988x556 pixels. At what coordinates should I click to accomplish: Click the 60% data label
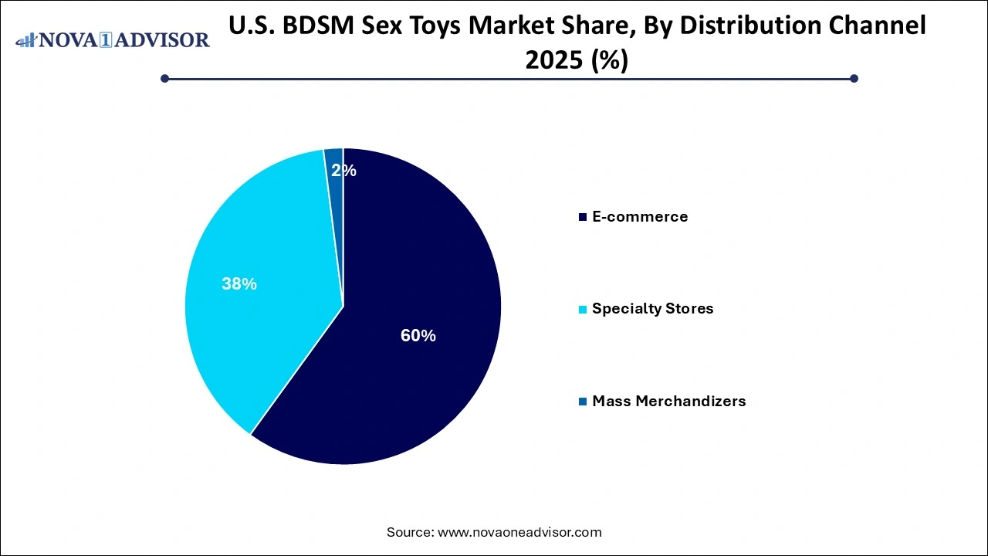pos(418,336)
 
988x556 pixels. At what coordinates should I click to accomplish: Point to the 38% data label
pos(239,284)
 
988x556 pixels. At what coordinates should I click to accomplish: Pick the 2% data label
pos(343,171)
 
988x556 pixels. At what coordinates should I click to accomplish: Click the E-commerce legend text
pos(639,217)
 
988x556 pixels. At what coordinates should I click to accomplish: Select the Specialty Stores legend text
pos(652,309)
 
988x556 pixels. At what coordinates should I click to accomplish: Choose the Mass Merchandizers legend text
pos(668,401)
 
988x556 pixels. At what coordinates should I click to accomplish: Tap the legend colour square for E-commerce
pos(583,218)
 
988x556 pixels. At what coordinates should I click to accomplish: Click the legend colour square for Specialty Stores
pos(583,310)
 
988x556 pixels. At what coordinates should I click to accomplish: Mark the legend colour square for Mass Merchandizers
pos(583,402)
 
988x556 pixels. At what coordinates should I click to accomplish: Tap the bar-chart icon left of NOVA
pos(26,39)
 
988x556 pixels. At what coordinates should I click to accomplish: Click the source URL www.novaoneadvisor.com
pos(519,532)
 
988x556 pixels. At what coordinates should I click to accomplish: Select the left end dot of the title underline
pos(164,78)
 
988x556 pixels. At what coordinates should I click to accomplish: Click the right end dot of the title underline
pos(854,78)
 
